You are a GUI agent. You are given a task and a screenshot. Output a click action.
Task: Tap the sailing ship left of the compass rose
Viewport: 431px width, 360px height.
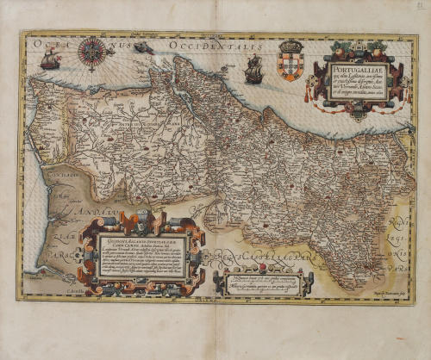tap(51, 59)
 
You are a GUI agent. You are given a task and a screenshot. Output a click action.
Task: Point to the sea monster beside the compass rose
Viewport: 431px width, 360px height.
tap(143, 48)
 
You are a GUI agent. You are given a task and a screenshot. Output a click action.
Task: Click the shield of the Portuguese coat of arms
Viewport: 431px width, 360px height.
tap(291, 67)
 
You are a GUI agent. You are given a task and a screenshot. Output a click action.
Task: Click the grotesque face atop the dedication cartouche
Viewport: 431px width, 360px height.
tap(141, 218)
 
